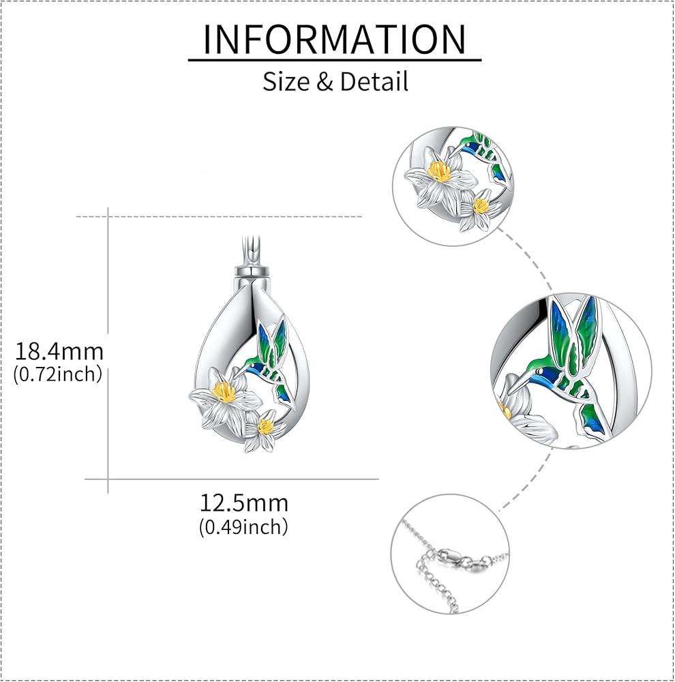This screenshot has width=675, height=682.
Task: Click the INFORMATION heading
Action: coord(335,39)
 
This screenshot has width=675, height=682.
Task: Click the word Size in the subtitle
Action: coord(285,82)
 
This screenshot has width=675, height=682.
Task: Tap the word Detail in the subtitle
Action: coord(374,82)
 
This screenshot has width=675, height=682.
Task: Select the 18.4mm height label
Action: coord(59,352)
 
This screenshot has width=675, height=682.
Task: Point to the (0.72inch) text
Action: coord(58,374)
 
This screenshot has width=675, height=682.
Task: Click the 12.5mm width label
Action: coord(243,503)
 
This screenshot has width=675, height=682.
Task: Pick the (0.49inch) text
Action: coord(243,527)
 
